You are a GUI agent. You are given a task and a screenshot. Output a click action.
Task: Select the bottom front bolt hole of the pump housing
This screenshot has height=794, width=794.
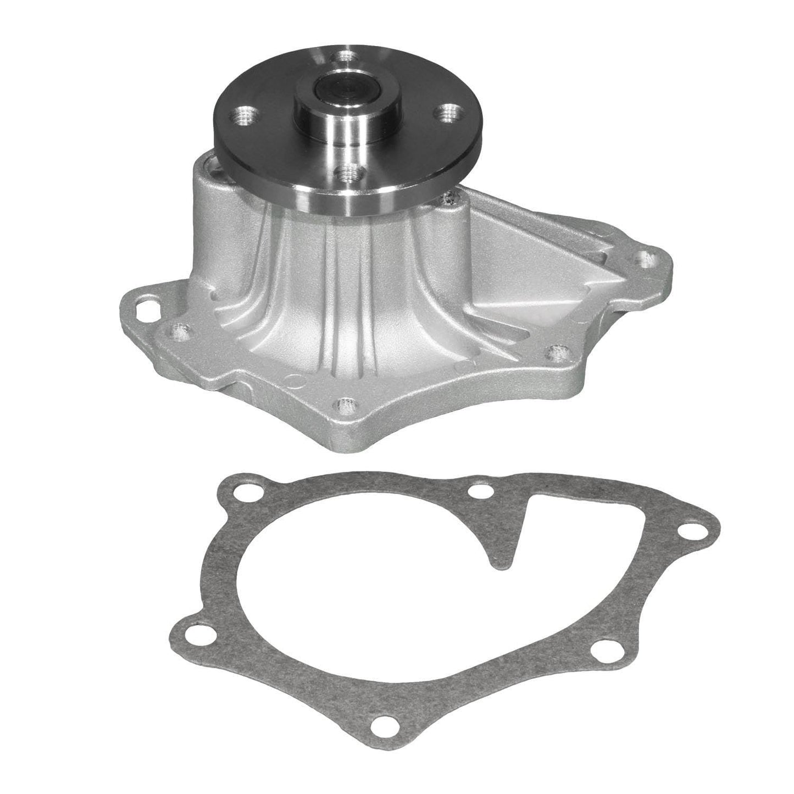pos(345,407)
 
